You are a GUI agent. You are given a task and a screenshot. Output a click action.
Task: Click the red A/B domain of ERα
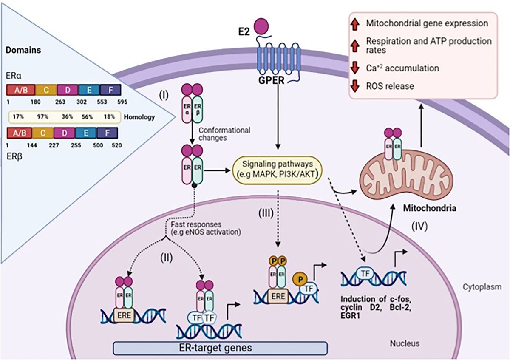[17, 90]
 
